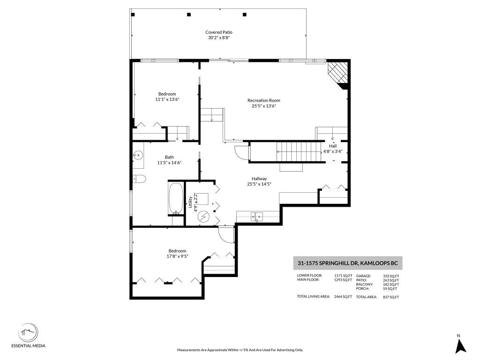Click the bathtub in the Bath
176,198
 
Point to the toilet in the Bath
139,179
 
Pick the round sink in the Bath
138,154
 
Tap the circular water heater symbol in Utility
203,217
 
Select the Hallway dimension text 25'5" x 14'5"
259,184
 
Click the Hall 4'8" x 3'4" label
333,149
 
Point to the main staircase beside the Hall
295,151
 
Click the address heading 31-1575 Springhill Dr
347,263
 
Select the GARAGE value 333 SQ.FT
391,276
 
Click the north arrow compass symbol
461,345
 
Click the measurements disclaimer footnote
240,350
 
